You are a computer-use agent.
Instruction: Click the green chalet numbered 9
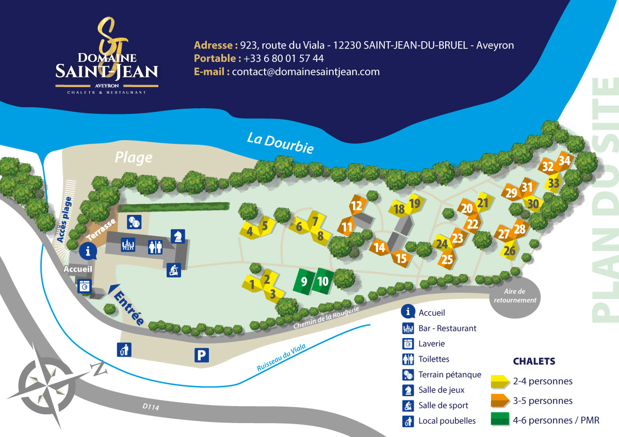304,282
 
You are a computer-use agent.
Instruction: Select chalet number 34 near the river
564,160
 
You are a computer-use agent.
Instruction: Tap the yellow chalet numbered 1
252,284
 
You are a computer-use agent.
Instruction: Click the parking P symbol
202,355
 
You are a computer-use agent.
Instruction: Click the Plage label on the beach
134,157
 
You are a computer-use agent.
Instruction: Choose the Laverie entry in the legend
431,344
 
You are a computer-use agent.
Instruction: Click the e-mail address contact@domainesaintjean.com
305,72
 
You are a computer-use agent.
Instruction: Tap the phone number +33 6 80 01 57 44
284,58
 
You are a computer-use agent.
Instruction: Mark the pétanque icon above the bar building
133,222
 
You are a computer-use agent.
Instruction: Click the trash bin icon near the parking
124,350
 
